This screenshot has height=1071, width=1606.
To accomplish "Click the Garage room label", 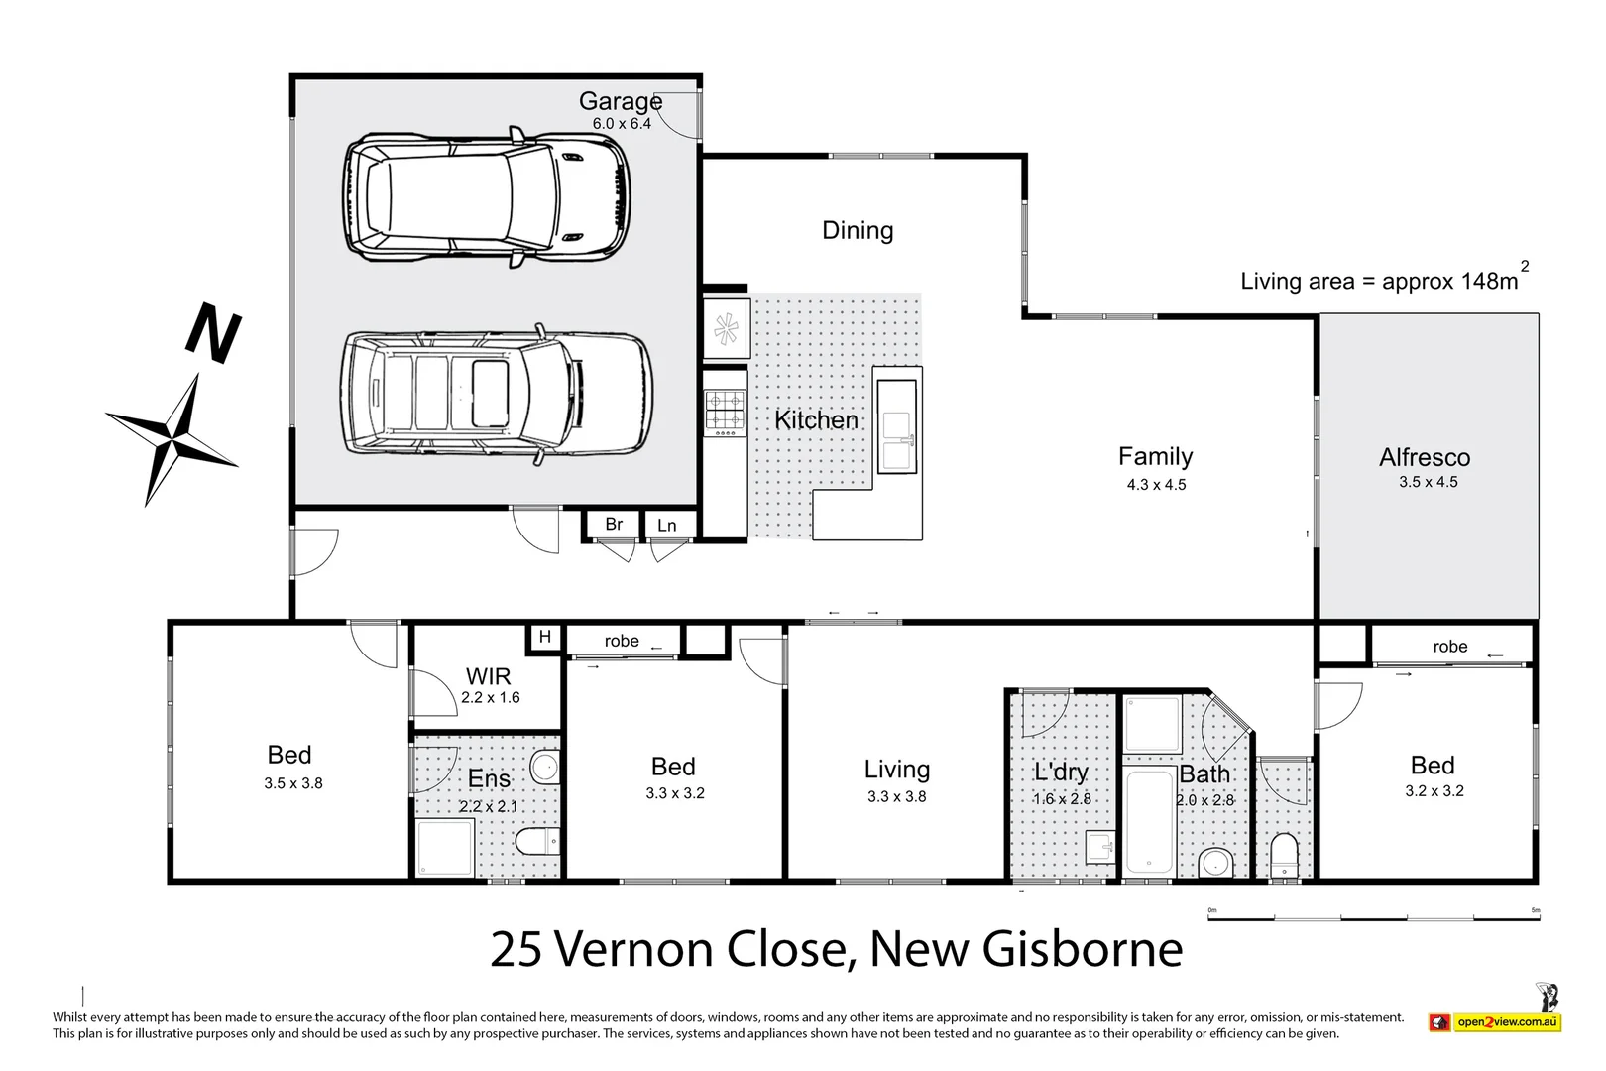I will coord(620,101).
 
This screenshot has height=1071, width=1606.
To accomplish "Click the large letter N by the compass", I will coord(213,333).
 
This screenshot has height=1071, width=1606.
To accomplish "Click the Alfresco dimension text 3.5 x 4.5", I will coord(1428,482).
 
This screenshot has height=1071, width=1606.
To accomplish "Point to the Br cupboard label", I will coord(614,524).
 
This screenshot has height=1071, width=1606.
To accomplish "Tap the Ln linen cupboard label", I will coord(666,525).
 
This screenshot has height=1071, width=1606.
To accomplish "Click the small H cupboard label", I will coord(544,637).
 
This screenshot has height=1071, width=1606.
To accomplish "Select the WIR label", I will coord(488,676).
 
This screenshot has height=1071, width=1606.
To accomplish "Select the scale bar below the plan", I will coord(1373,918).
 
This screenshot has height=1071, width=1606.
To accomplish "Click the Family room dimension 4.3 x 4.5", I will coord(1156,485).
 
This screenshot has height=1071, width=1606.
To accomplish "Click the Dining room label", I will coord(858,230).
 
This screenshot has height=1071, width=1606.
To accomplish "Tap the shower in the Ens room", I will coord(444,848).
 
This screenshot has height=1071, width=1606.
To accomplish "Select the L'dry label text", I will coord(1061,772).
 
